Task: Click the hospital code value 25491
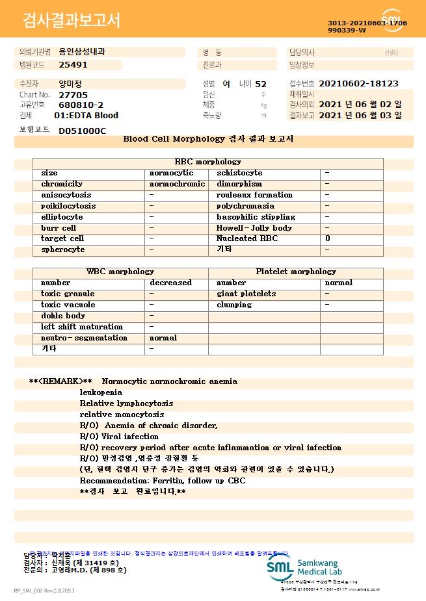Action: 73,65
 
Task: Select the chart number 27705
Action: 73,95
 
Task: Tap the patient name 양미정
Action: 70,84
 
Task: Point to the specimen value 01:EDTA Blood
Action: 86,116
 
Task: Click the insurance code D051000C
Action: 82,131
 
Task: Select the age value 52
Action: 261,84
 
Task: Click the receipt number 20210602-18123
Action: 359,84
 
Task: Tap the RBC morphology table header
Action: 208,162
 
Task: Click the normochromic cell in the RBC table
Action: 177,184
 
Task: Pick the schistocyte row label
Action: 239,173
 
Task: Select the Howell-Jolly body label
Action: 254,228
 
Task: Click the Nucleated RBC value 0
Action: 328,238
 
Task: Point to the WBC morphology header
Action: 120,272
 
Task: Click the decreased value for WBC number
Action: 170,283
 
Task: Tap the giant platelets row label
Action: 246,294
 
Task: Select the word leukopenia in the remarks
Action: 101,392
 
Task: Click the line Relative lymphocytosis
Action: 126,403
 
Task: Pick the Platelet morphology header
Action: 296,272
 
